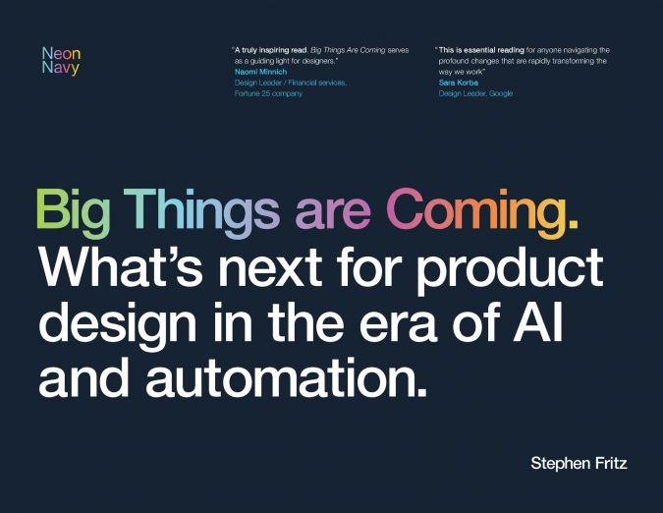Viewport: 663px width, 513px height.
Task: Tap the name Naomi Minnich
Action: (x=260, y=72)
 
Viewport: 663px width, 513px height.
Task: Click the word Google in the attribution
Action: (x=497, y=93)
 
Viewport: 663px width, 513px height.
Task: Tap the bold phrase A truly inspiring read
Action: (x=272, y=49)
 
